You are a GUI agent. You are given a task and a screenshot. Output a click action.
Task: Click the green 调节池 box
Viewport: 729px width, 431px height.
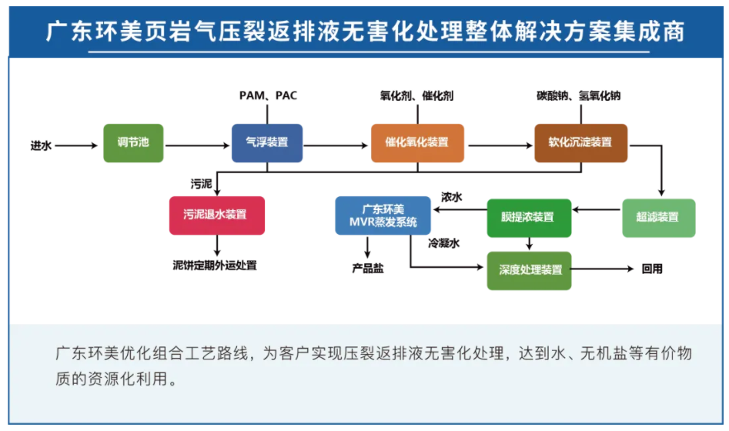pyautogui.click(x=133, y=142)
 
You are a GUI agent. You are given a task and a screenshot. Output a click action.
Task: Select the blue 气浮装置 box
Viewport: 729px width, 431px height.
pyautogui.click(x=266, y=142)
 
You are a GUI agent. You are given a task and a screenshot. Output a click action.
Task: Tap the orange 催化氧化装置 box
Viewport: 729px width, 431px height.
pyautogui.click(x=417, y=142)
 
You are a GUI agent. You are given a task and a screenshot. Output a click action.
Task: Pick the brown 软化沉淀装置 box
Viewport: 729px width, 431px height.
pyautogui.click(x=580, y=142)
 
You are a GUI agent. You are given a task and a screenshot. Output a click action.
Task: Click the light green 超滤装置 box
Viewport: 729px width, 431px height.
pyautogui.click(x=658, y=217)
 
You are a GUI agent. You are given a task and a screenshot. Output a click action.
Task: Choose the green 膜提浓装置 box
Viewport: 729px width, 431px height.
pyautogui.click(x=530, y=217)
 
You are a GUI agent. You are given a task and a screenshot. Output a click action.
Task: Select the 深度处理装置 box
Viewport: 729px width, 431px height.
pyautogui.click(x=530, y=270)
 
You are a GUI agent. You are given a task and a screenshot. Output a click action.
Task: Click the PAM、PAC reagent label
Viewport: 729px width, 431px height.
pyautogui.click(x=268, y=96)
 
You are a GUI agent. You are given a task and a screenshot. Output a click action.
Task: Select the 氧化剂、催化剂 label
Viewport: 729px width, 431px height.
pyautogui.click(x=416, y=96)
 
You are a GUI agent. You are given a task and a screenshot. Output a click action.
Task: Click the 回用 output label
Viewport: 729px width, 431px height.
pyautogui.click(x=651, y=269)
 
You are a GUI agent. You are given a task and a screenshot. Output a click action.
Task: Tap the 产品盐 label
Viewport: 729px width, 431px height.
pyautogui.click(x=368, y=269)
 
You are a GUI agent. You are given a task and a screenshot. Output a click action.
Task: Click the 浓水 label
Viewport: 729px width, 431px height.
pyautogui.click(x=451, y=197)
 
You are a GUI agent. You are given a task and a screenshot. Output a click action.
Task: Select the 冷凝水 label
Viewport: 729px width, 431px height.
pyautogui.click(x=443, y=243)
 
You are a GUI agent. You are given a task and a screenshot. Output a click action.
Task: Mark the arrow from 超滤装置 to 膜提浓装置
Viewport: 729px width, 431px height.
pyautogui.click(x=597, y=209)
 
